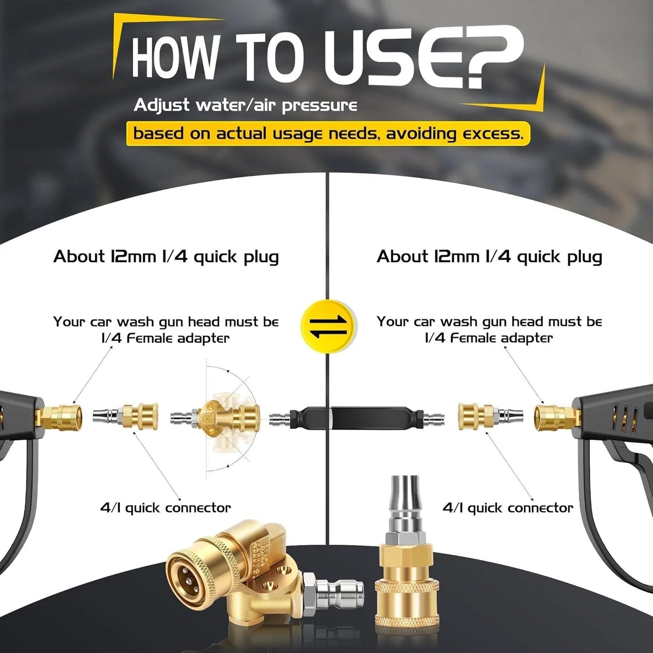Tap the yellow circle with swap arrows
coord(328,326)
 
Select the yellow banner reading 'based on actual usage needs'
coord(328,133)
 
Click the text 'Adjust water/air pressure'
coord(245,105)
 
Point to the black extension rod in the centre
coord(357,418)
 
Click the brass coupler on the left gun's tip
coord(60,418)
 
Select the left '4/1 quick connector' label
coord(165,508)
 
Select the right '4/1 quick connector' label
coord(507,508)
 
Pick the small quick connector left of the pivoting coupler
coord(125,417)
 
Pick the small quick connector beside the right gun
coord(490,417)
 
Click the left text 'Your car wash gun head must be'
coord(166,322)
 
